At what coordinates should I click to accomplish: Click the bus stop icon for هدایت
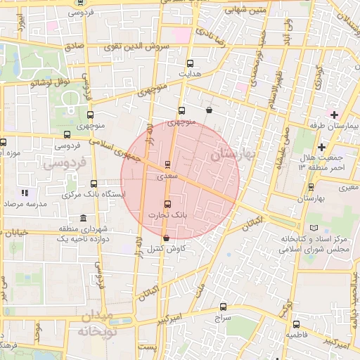click(x=191, y=63)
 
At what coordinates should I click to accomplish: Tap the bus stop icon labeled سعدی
click(x=167, y=165)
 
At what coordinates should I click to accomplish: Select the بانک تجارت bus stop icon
click(x=167, y=204)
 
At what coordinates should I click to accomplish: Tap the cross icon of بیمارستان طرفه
click(x=333, y=114)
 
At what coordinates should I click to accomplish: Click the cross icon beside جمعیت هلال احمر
click(x=322, y=147)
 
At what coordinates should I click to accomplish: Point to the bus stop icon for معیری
click(x=311, y=187)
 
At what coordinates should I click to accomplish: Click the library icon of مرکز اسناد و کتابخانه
click(x=313, y=229)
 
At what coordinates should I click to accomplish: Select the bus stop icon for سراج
click(x=224, y=307)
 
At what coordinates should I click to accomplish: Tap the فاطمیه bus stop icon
click(x=296, y=325)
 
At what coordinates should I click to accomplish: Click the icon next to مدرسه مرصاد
click(x=25, y=192)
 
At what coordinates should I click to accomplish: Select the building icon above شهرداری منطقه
click(x=84, y=218)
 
